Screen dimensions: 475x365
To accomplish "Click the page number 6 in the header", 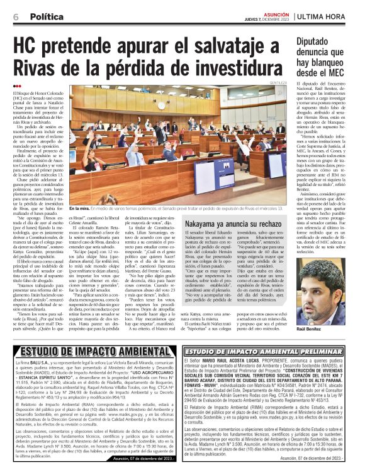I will point(15,16).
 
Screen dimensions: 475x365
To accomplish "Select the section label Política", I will point(47,16).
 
